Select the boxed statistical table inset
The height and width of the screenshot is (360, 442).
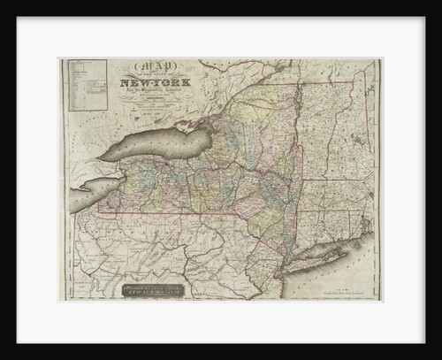click(85, 85)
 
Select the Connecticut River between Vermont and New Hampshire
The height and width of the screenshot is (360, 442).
click(329, 133)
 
